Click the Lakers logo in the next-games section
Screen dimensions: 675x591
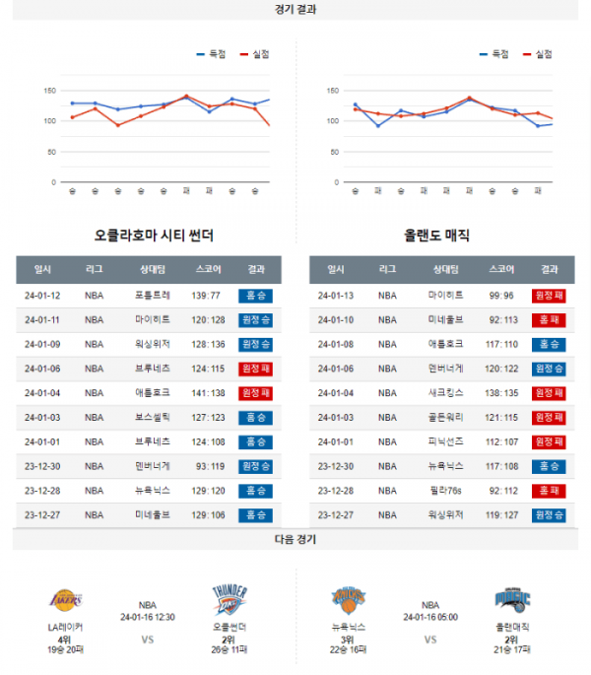click(66, 599)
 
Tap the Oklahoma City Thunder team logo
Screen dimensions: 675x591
click(229, 599)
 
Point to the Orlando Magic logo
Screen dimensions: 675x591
click(512, 599)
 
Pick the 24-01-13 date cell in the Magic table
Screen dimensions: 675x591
click(336, 295)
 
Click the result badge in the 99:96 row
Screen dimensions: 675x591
click(550, 295)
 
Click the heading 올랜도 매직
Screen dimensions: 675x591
click(436, 236)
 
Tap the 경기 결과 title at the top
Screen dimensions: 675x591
click(295, 9)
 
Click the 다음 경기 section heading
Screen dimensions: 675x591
click(295, 539)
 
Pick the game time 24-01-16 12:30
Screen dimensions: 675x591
click(147, 618)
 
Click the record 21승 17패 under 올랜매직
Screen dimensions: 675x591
click(512, 649)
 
